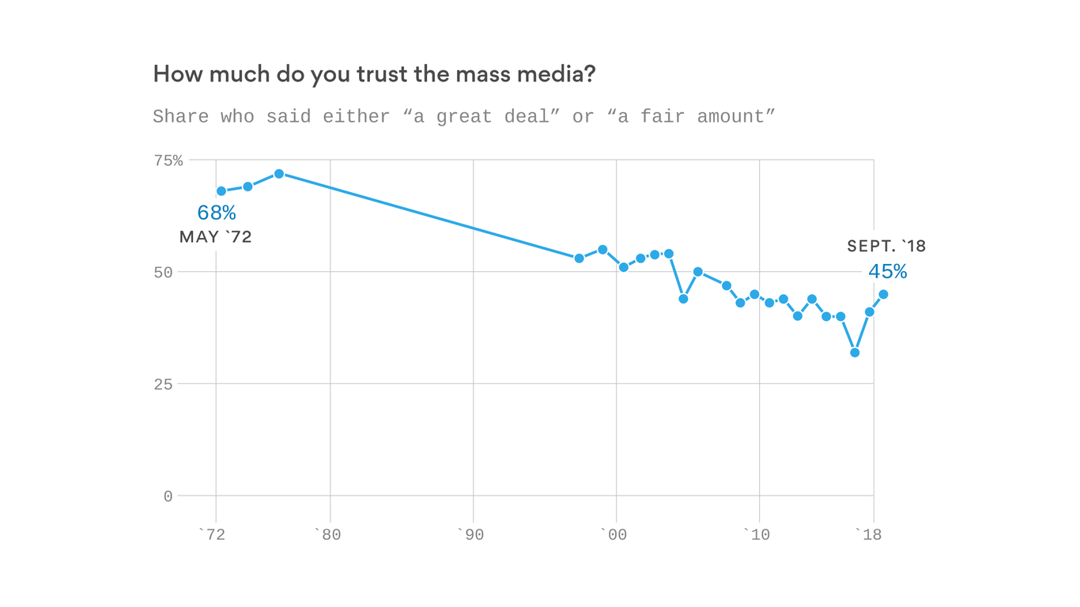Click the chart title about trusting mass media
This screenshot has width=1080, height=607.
point(374,74)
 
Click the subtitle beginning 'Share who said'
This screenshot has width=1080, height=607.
point(463,117)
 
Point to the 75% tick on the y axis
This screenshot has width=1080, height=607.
point(168,160)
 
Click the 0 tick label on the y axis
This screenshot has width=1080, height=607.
point(168,496)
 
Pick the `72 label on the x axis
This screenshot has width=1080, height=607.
point(211,535)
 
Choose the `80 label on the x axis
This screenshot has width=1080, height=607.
point(327,535)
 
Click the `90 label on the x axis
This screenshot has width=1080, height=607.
point(470,535)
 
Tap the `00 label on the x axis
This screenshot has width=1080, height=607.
point(613,535)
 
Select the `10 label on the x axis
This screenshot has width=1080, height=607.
point(757,535)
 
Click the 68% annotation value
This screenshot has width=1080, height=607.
point(217,213)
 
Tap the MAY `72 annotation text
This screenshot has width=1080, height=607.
point(215,237)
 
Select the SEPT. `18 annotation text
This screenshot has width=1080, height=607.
point(886,247)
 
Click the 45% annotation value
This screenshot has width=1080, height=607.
point(887,272)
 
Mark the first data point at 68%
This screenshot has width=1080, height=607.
point(221,191)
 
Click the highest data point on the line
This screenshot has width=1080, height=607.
point(279,174)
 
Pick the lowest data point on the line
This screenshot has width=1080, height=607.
point(855,353)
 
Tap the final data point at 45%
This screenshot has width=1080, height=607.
point(883,294)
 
